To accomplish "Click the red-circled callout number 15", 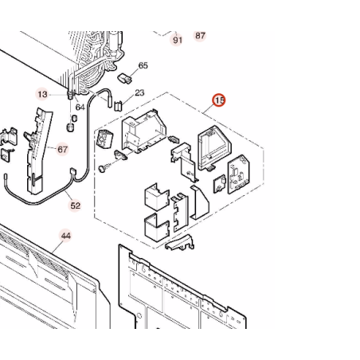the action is [218, 100].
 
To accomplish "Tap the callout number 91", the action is [178, 40].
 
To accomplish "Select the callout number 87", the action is [200, 36].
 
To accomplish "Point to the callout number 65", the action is [143, 65].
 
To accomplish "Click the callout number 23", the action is [139, 93].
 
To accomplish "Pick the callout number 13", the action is [42, 94].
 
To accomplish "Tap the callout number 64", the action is [80, 108].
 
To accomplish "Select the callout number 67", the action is [62, 150].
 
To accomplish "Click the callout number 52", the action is [75, 205].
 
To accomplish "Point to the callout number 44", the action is [66, 236].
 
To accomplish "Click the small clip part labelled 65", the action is [124, 78].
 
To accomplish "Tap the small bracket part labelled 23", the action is [118, 106].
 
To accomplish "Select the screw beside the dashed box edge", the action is [104, 167].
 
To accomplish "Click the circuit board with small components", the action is [239, 174].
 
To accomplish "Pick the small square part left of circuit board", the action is [220, 184].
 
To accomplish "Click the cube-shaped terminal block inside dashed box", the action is [105, 139].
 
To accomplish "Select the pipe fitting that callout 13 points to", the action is [71, 95].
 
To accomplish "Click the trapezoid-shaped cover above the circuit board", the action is [214, 147].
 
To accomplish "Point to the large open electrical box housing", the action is [143, 131].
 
